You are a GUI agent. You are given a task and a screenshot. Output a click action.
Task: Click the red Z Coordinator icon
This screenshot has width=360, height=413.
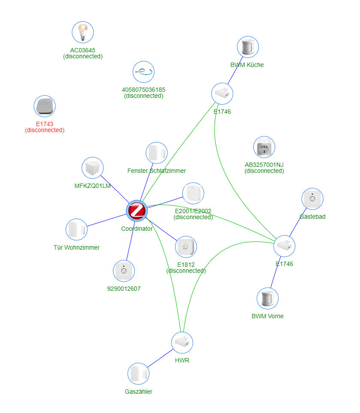pos(137,211)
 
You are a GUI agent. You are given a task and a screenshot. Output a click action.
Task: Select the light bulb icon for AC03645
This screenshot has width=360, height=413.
pos(82,32)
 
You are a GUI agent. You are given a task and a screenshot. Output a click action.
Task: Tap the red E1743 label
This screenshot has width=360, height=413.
pos(45,124)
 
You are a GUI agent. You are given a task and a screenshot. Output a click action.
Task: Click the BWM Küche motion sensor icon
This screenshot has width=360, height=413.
pos(248,47)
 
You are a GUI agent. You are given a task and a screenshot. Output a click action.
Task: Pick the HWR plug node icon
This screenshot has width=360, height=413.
pos(182,342)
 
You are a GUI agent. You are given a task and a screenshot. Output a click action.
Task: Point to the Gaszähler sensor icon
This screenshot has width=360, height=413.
pos(138,374)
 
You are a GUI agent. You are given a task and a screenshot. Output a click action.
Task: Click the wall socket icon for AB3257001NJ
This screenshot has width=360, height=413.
pos(264,148)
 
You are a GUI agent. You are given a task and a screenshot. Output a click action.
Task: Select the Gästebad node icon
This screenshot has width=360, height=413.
pos(312,199)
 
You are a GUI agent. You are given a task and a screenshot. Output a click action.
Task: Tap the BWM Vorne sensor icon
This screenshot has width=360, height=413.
pos(267,298)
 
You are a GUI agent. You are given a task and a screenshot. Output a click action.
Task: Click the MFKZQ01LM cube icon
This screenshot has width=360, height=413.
pos(92,168)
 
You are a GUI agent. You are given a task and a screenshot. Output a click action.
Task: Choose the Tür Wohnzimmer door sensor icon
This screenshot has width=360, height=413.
pos(77,229)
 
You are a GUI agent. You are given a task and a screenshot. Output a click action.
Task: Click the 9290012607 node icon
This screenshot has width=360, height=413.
pos(124,271)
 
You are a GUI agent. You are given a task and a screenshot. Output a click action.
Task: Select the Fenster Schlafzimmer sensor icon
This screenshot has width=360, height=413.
pos(156,153)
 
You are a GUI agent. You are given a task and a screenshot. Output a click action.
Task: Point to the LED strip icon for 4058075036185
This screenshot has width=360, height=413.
pos(143,72)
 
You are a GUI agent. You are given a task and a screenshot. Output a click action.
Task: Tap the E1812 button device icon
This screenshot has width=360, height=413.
pos(186,247)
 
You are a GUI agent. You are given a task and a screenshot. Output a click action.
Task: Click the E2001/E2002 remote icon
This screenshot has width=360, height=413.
pos(193,193)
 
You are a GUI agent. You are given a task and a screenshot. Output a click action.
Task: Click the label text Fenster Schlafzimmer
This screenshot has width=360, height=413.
pos(157,171)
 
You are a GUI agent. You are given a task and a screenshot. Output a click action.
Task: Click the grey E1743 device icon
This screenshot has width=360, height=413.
pos(45,106)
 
